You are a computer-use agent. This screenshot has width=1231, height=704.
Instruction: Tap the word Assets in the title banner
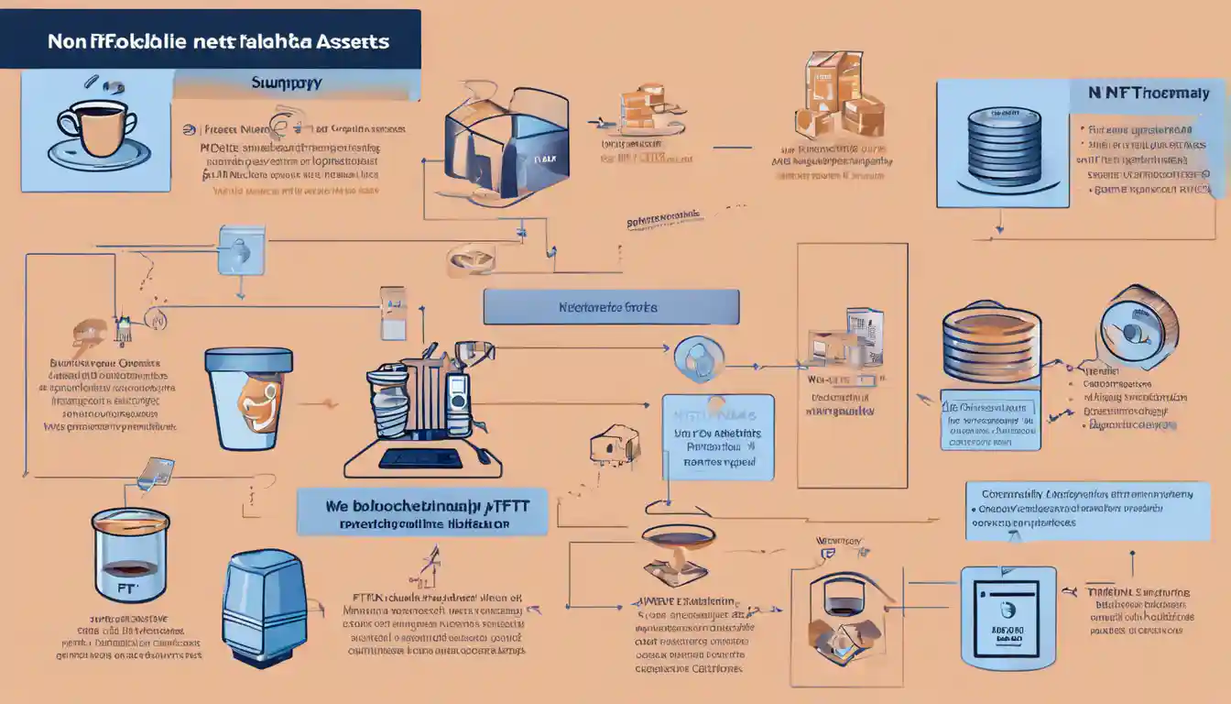[354, 41]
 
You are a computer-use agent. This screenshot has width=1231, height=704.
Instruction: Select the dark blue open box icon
[506, 142]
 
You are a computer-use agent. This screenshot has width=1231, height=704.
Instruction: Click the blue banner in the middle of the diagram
[611, 307]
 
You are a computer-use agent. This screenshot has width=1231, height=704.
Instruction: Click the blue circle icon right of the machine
[699, 358]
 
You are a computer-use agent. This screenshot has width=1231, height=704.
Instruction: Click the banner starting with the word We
[422, 511]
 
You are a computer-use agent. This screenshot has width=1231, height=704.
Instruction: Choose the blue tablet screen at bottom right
[1008, 617]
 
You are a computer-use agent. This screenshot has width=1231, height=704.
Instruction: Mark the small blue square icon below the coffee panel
[241, 250]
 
